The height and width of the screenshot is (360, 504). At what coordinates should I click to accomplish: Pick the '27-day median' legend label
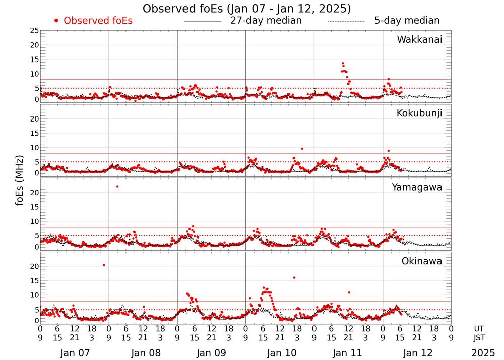(266, 21)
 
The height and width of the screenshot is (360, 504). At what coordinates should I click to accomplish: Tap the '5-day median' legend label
(407, 21)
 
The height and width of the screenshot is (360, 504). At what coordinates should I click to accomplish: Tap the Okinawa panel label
(421, 261)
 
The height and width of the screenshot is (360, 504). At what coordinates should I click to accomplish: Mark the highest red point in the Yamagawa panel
(117, 187)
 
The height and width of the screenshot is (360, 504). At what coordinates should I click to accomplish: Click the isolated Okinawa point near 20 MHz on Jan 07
(104, 265)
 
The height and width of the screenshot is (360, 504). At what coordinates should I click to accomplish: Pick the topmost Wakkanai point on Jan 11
(343, 64)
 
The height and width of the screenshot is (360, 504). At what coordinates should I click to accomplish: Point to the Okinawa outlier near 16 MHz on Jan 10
(294, 277)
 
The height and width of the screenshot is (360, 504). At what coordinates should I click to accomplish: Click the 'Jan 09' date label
(212, 353)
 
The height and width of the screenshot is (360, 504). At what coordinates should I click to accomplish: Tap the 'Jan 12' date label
(417, 353)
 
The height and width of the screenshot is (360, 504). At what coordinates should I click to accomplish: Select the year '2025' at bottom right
(482, 353)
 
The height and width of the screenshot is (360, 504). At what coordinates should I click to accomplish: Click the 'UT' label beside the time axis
(479, 328)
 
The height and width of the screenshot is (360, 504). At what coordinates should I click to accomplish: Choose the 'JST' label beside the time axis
(479, 337)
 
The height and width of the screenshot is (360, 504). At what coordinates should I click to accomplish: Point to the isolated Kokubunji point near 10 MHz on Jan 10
(302, 149)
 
